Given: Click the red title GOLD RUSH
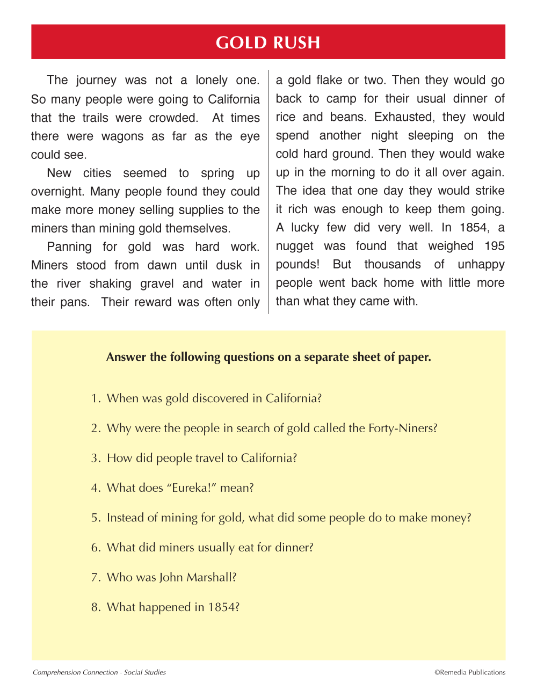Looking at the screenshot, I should tap(268, 42).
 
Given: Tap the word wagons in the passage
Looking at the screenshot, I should tap(122, 136).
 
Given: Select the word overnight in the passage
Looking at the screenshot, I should tap(57, 192).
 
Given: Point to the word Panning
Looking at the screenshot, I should tap(69, 247).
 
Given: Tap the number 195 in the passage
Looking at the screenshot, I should tap(494, 246).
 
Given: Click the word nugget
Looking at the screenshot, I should tap(294, 246).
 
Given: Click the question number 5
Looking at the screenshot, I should tap(96, 518).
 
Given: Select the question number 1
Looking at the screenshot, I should tap(96, 398).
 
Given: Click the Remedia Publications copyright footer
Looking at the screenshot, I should tap(470, 672).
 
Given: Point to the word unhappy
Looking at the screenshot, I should tap(481, 265).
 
